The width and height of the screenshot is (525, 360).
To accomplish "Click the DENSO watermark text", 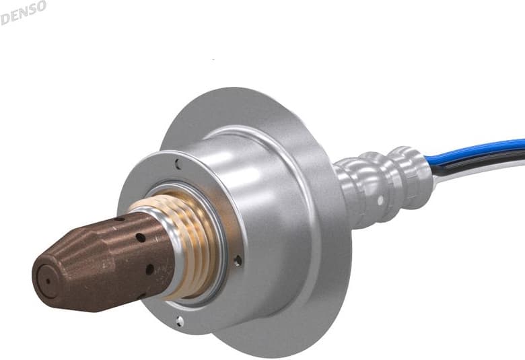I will click(x=24, y=11).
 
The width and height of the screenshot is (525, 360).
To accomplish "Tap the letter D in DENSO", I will click(x=5, y=18).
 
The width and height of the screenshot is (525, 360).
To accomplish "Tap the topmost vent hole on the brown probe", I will click(x=120, y=219).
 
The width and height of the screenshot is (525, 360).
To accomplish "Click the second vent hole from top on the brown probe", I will click(x=140, y=238).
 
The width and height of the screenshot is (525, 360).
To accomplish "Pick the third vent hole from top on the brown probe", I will click(x=149, y=268).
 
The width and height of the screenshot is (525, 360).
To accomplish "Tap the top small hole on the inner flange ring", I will click(x=177, y=164).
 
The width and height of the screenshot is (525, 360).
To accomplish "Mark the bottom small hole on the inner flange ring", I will click(x=178, y=320).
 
